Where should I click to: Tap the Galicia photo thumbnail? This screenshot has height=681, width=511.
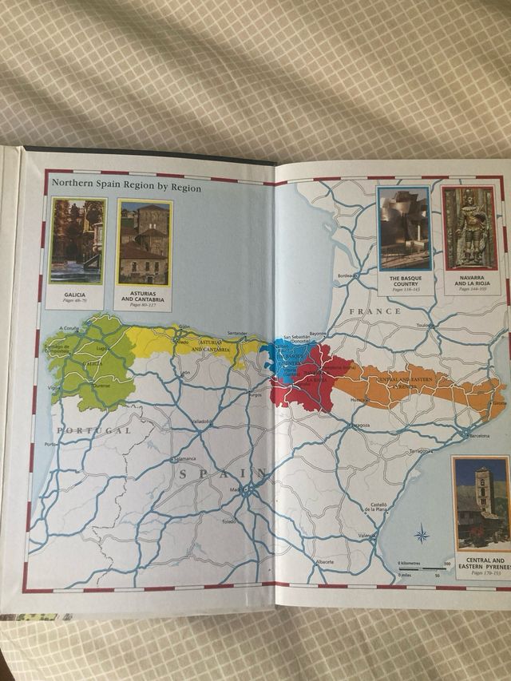(77, 241)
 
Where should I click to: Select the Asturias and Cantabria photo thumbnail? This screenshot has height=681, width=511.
(144, 243)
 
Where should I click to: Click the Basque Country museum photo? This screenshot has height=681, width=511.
(404, 228)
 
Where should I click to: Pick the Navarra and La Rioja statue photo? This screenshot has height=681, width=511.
(469, 228)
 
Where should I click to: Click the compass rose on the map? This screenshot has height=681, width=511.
(422, 533)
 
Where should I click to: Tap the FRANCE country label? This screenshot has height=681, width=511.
(380, 311)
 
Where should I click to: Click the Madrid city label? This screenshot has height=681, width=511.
(239, 489)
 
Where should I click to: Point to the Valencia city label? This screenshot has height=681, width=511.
(367, 535)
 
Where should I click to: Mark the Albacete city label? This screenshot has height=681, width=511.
(324, 562)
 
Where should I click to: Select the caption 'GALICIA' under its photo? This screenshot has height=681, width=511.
(76, 295)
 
